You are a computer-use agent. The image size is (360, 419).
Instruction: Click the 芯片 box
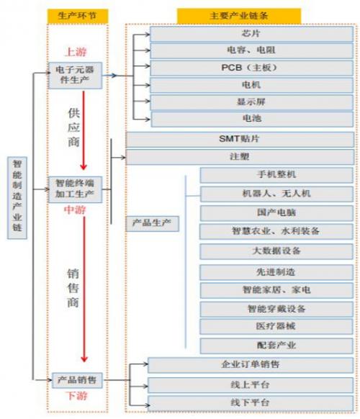tap(251, 34)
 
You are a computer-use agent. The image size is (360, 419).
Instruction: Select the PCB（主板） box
tap(251, 68)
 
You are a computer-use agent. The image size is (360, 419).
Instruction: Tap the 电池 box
tap(252, 119)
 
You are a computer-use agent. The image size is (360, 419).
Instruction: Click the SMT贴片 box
tap(240, 139)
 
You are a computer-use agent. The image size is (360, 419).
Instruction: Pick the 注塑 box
tap(240, 157)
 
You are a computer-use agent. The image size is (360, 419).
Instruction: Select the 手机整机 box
tap(276, 175)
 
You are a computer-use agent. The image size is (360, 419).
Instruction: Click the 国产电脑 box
tap(276, 213)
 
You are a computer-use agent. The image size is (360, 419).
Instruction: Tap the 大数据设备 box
tap(276, 251)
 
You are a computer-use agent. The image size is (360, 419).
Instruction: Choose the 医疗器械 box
tap(276, 327)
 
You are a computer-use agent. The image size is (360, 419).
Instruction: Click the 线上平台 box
tap(251, 385)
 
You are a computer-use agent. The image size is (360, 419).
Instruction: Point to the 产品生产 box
tap(152, 223)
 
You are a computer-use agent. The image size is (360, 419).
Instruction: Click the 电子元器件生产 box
tap(75, 76)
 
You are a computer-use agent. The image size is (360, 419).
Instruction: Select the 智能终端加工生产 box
tap(75, 189)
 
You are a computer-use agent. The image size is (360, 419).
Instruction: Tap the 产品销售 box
tap(77, 380)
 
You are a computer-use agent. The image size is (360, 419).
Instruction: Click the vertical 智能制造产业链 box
tap(17, 197)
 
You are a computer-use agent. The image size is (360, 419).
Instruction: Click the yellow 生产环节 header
tap(78, 16)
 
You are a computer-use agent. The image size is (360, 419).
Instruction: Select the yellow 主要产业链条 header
tap(239, 16)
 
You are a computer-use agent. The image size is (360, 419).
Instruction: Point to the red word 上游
tap(76, 52)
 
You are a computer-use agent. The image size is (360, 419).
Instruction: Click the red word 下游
tap(76, 396)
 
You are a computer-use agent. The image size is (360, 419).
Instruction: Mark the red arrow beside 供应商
tap(84, 130)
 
